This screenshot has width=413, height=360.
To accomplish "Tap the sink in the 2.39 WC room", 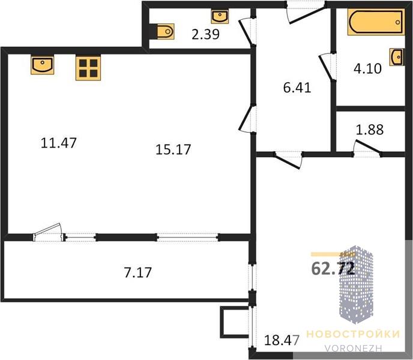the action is pos(220,17).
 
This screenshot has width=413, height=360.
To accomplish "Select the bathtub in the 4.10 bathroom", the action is pos(376,22).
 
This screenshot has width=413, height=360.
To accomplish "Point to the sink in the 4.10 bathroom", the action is pos(397,57).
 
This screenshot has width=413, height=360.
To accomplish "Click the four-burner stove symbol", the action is pos(88,68).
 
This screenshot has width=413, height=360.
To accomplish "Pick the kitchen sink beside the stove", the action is pos(43,65).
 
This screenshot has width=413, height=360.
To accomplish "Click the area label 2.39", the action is pos(205,34).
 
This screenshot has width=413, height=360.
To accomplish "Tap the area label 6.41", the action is pos(297,88).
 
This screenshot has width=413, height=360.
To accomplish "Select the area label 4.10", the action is pos(367,69).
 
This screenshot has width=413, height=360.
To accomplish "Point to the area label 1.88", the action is pos(370,130).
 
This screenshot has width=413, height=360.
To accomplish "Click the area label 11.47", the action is pos(59,143).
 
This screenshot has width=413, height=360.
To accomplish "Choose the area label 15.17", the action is pos(173,149).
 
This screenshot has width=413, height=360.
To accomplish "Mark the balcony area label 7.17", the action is pos(137,273).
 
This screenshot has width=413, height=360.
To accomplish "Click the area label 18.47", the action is pos(282,340).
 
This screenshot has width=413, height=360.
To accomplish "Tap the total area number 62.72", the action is pos(333,269).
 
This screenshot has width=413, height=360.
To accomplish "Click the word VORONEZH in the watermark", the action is pos(353,349).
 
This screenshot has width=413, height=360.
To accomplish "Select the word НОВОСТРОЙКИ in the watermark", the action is pos(353,334).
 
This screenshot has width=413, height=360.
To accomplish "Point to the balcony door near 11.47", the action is pos(48,232).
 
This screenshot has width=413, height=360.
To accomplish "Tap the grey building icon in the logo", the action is pos(356,284).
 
